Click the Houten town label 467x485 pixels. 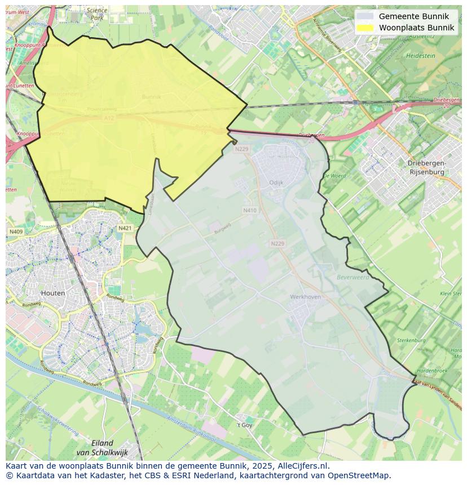(x=53, y=293)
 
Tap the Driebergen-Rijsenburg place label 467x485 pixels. (x=426, y=167)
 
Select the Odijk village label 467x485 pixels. (x=276, y=183)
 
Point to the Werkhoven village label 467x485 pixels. (x=305, y=296)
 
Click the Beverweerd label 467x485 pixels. (x=353, y=277)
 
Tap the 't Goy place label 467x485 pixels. (x=244, y=425)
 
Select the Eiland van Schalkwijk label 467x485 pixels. (x=102, y=448)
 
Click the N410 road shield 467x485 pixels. (x=250, y=210)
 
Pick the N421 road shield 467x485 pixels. (x=125, y=228)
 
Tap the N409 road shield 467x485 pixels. (x=16, y=232)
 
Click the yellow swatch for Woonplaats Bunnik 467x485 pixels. (x=365, y=28)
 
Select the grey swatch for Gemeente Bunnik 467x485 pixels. (x=365, y=16)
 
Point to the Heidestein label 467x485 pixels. (x=420, y=56)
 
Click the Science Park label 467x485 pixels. (x=97, y=14)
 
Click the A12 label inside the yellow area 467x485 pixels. (x=108, y=118)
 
